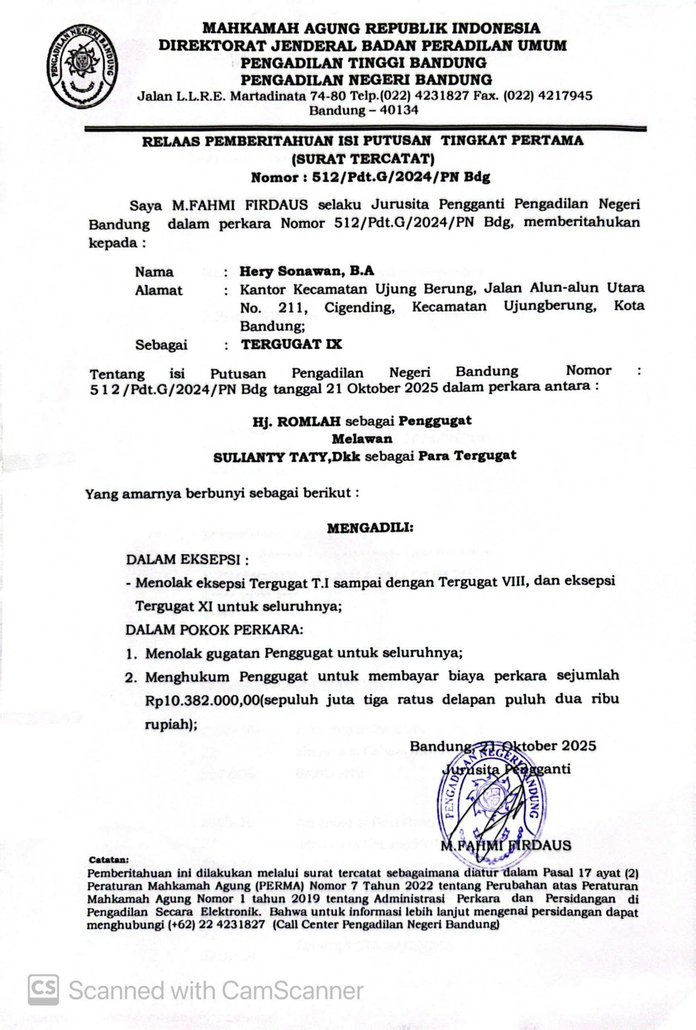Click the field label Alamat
pos(159,290)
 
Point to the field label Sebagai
pos(161,345)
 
